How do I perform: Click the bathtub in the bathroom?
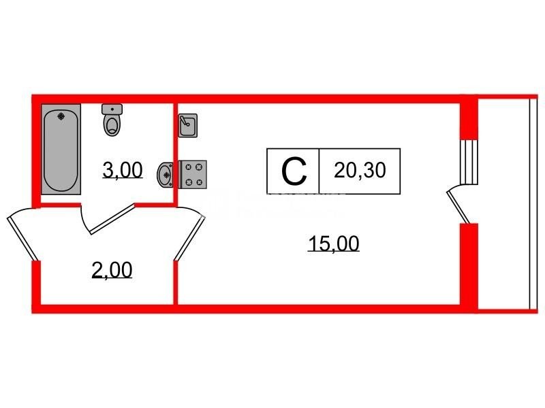[61, 149]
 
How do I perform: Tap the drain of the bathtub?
[61, 116]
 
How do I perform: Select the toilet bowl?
[112, 125]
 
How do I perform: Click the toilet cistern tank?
[112, 109]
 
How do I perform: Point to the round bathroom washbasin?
[165, 175]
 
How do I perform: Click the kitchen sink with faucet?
[188, 125]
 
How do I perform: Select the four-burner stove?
[193, 175]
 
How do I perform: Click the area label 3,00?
[123, 171]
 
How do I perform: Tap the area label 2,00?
[112, 270]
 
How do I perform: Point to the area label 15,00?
[333, 243]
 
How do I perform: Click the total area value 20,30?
[360, 171]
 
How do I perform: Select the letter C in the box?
[294, 171]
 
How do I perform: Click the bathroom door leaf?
[112, 219]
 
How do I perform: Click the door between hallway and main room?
[190, 237]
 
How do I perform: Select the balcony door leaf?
[458, 207]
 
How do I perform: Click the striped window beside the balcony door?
[469, 162]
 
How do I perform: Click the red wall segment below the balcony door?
[469, 265]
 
